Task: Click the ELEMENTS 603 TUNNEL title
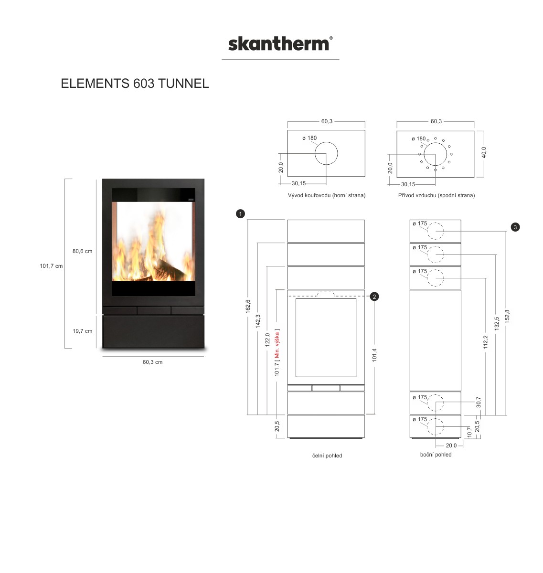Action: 135,84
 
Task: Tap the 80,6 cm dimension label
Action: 82,251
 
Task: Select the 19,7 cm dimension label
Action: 82,331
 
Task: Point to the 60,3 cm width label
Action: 152,362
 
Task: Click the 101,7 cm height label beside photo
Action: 51,266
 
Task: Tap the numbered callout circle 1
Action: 240,214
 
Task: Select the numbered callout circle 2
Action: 374,297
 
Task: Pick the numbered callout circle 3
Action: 515,227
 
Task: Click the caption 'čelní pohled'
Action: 327,456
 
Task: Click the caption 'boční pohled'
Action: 436,455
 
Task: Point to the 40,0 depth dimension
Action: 484,152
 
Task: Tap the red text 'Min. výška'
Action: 277,344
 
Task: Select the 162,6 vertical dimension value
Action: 248,307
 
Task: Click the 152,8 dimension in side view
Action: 507,317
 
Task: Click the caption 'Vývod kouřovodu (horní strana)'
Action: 327,196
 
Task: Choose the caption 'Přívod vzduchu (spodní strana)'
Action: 437,196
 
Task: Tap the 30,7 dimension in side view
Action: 478,402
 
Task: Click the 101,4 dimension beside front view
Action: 374,355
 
